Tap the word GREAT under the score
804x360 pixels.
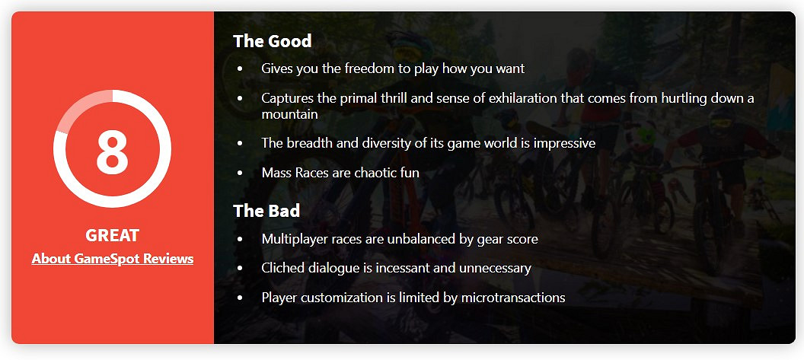point(112,235)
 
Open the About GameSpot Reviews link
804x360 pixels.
point(112,259)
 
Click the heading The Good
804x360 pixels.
point(273,41)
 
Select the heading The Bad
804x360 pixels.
point(266,211)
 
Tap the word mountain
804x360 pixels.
point(290,114)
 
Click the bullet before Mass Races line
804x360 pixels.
point(240,174)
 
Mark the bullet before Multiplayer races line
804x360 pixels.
point(240,239)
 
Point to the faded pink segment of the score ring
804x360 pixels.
point(76,105)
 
